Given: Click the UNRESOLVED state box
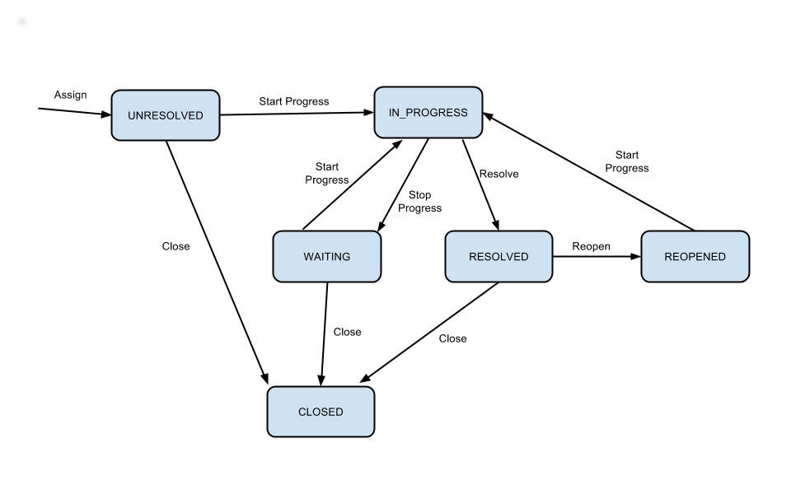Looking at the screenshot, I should [166, 115].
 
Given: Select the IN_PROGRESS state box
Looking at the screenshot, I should [428, 112].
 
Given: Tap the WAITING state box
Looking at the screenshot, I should [327, 256].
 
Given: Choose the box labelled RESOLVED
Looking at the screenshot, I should [498, 256].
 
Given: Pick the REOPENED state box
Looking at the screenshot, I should [695, 256].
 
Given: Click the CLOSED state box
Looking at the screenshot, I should [321, 412].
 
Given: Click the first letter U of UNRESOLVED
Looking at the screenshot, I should [132, 116].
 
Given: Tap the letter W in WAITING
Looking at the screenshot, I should [309, 257].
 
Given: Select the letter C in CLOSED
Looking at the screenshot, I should [302, 412].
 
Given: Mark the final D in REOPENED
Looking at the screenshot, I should [721, 257].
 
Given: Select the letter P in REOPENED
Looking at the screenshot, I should [687, 257].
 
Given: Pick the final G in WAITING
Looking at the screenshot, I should [345, 257].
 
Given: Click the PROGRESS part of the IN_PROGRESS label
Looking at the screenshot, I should [438, 113].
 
